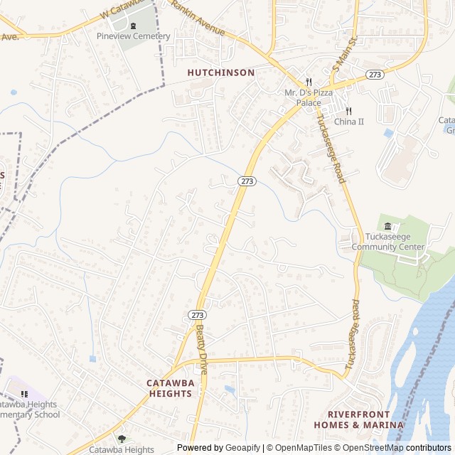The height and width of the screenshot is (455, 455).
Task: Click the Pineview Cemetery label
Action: pyautogui.click(x=134, y=36)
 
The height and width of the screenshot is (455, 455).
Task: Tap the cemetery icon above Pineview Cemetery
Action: pyautogui.click(x=133, y=26)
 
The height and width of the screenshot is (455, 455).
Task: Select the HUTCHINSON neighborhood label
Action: pyautogui.click(x=221, y=73)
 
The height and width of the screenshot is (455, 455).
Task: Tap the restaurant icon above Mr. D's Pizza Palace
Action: pyautogui.click(x=309, y=82)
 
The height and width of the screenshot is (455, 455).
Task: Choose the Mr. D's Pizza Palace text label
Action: pyautogui.click(x=309, y=97)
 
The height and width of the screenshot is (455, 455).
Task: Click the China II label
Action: pyautogui.click(x=348, y=122)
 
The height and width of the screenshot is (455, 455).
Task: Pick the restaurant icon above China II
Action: pyautogui.click(x=348, y=111)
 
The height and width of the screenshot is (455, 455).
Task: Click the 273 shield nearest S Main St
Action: pyautogui.click(x=375, y=75)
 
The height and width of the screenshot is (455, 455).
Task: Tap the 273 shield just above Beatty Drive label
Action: pyautogui.click(x=198, y=314)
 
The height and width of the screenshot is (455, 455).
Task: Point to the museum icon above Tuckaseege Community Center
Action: pyautogui.click(x=387, y=227)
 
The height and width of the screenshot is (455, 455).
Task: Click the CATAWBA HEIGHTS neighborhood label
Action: pyautogui.click(x=171, y=387)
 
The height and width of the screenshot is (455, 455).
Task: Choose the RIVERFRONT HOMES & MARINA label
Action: pyautogui.click(x=358, y=419)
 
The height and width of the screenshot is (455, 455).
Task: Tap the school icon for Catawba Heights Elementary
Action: pyautogui.click(x=24, y=394)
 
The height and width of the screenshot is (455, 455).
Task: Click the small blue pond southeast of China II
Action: pyautogui.click(x=388, y=133)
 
